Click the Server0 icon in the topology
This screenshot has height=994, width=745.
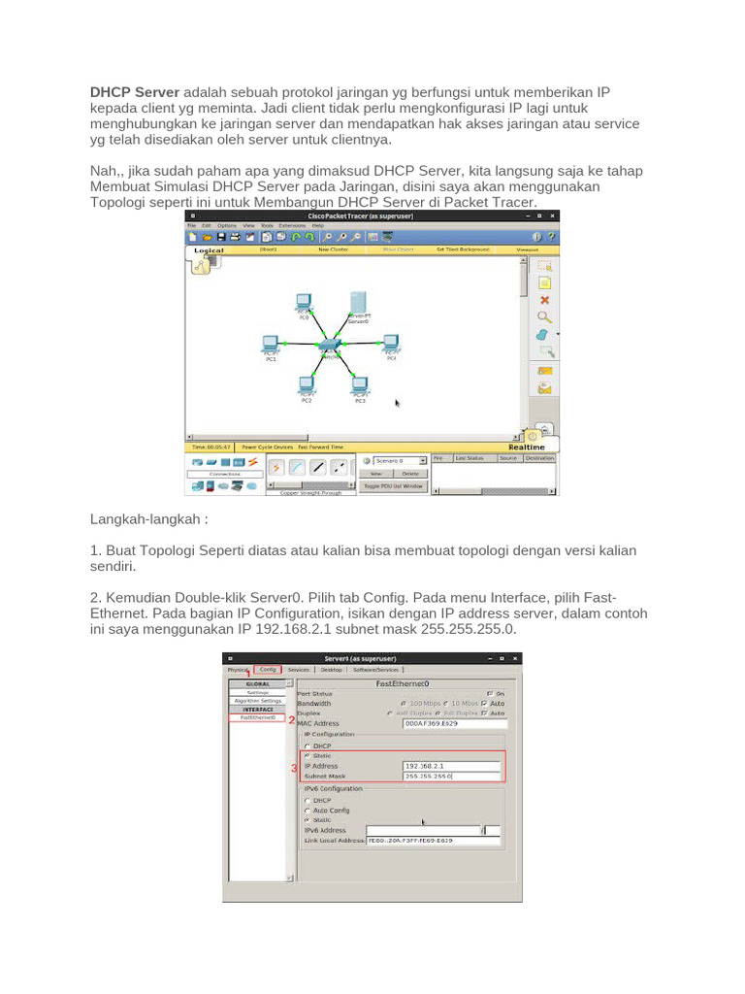[x=358, y=301]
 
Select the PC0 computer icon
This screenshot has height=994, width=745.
[x=303, y=303]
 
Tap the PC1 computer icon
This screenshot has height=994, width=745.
[x=271, y=344]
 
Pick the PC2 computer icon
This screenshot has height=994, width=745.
[x=307, y=384]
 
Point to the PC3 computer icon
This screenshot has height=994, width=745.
[x=360, y=384]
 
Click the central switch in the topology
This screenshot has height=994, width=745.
[x=331, y=346]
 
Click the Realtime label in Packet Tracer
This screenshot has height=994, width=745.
[x=540, y=447]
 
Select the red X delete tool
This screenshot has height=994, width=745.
[x=544, y=300]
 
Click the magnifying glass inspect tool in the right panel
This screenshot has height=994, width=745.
[x=544, y=316]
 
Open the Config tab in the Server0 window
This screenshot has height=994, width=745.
[x=268, y=669]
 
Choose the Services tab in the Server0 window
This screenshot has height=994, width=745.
[x=299, y=669]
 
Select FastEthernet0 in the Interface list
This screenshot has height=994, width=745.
[x=257, y=717]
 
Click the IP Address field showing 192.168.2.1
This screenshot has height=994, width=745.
[x=451, y=766]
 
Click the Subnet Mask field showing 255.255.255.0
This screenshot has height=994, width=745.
[x=451, y=777]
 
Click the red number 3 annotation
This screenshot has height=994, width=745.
[x=294, y=768]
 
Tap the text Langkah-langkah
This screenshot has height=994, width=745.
[x=150, y=519]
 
